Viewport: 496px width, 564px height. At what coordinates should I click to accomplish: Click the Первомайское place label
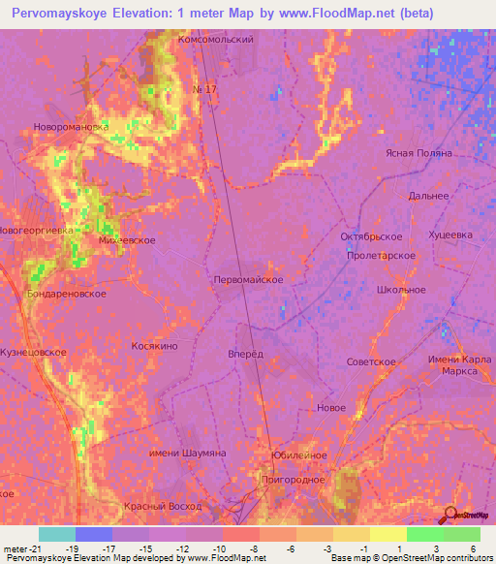(x=247, y=279)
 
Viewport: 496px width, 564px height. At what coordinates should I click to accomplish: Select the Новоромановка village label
(x=71, y=126)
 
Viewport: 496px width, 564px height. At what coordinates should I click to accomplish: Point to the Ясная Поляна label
(x=418, y=153)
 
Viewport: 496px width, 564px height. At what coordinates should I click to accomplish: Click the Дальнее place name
(x=428, y=196)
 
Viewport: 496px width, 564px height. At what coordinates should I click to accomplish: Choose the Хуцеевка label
(x=450, y=235)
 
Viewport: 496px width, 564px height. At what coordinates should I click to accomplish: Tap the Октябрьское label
(x=371, y=236)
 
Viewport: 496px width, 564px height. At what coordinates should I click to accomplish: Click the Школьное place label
(x=400, y=290)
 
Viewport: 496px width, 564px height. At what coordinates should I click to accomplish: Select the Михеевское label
(x=127, y=239)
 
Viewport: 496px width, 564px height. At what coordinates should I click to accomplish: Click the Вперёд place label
(x=245, y=354)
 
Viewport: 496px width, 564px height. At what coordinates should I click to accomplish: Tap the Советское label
(x=371, y=361)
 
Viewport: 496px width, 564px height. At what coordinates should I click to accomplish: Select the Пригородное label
(x=292, y=479)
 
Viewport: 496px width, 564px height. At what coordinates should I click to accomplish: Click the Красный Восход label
(x=163, y=507)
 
